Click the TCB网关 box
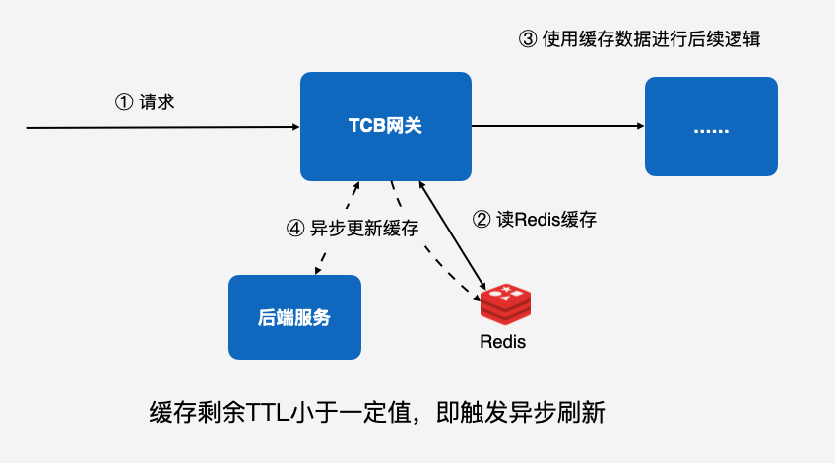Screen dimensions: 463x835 pyautogui.click(x=386, y=126)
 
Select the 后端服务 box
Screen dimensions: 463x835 pyautogui.click(x=294, y=317)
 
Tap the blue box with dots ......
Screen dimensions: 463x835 pyautogui.click(x=710, y=127)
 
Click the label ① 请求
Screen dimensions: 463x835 pyautogui.click(x=145, y=101)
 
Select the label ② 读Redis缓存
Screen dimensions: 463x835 pyautogui.click(x=535, y=220)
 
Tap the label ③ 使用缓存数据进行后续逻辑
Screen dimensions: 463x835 pyautogui.click(x=639, y=39)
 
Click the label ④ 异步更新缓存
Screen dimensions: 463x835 pyautogui.click(x=352, y=228)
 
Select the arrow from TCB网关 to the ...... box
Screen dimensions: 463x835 pyautogui.click(x=557, y=126)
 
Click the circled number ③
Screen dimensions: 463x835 pyautogui.click(x=527, y=39)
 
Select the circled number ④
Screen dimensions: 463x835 pyautogui.click(x=293, y=228)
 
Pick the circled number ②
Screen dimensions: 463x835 pyautogui.click(x=482, y=220)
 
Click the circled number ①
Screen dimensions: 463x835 pyautogui.click(x=123, y=101)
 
